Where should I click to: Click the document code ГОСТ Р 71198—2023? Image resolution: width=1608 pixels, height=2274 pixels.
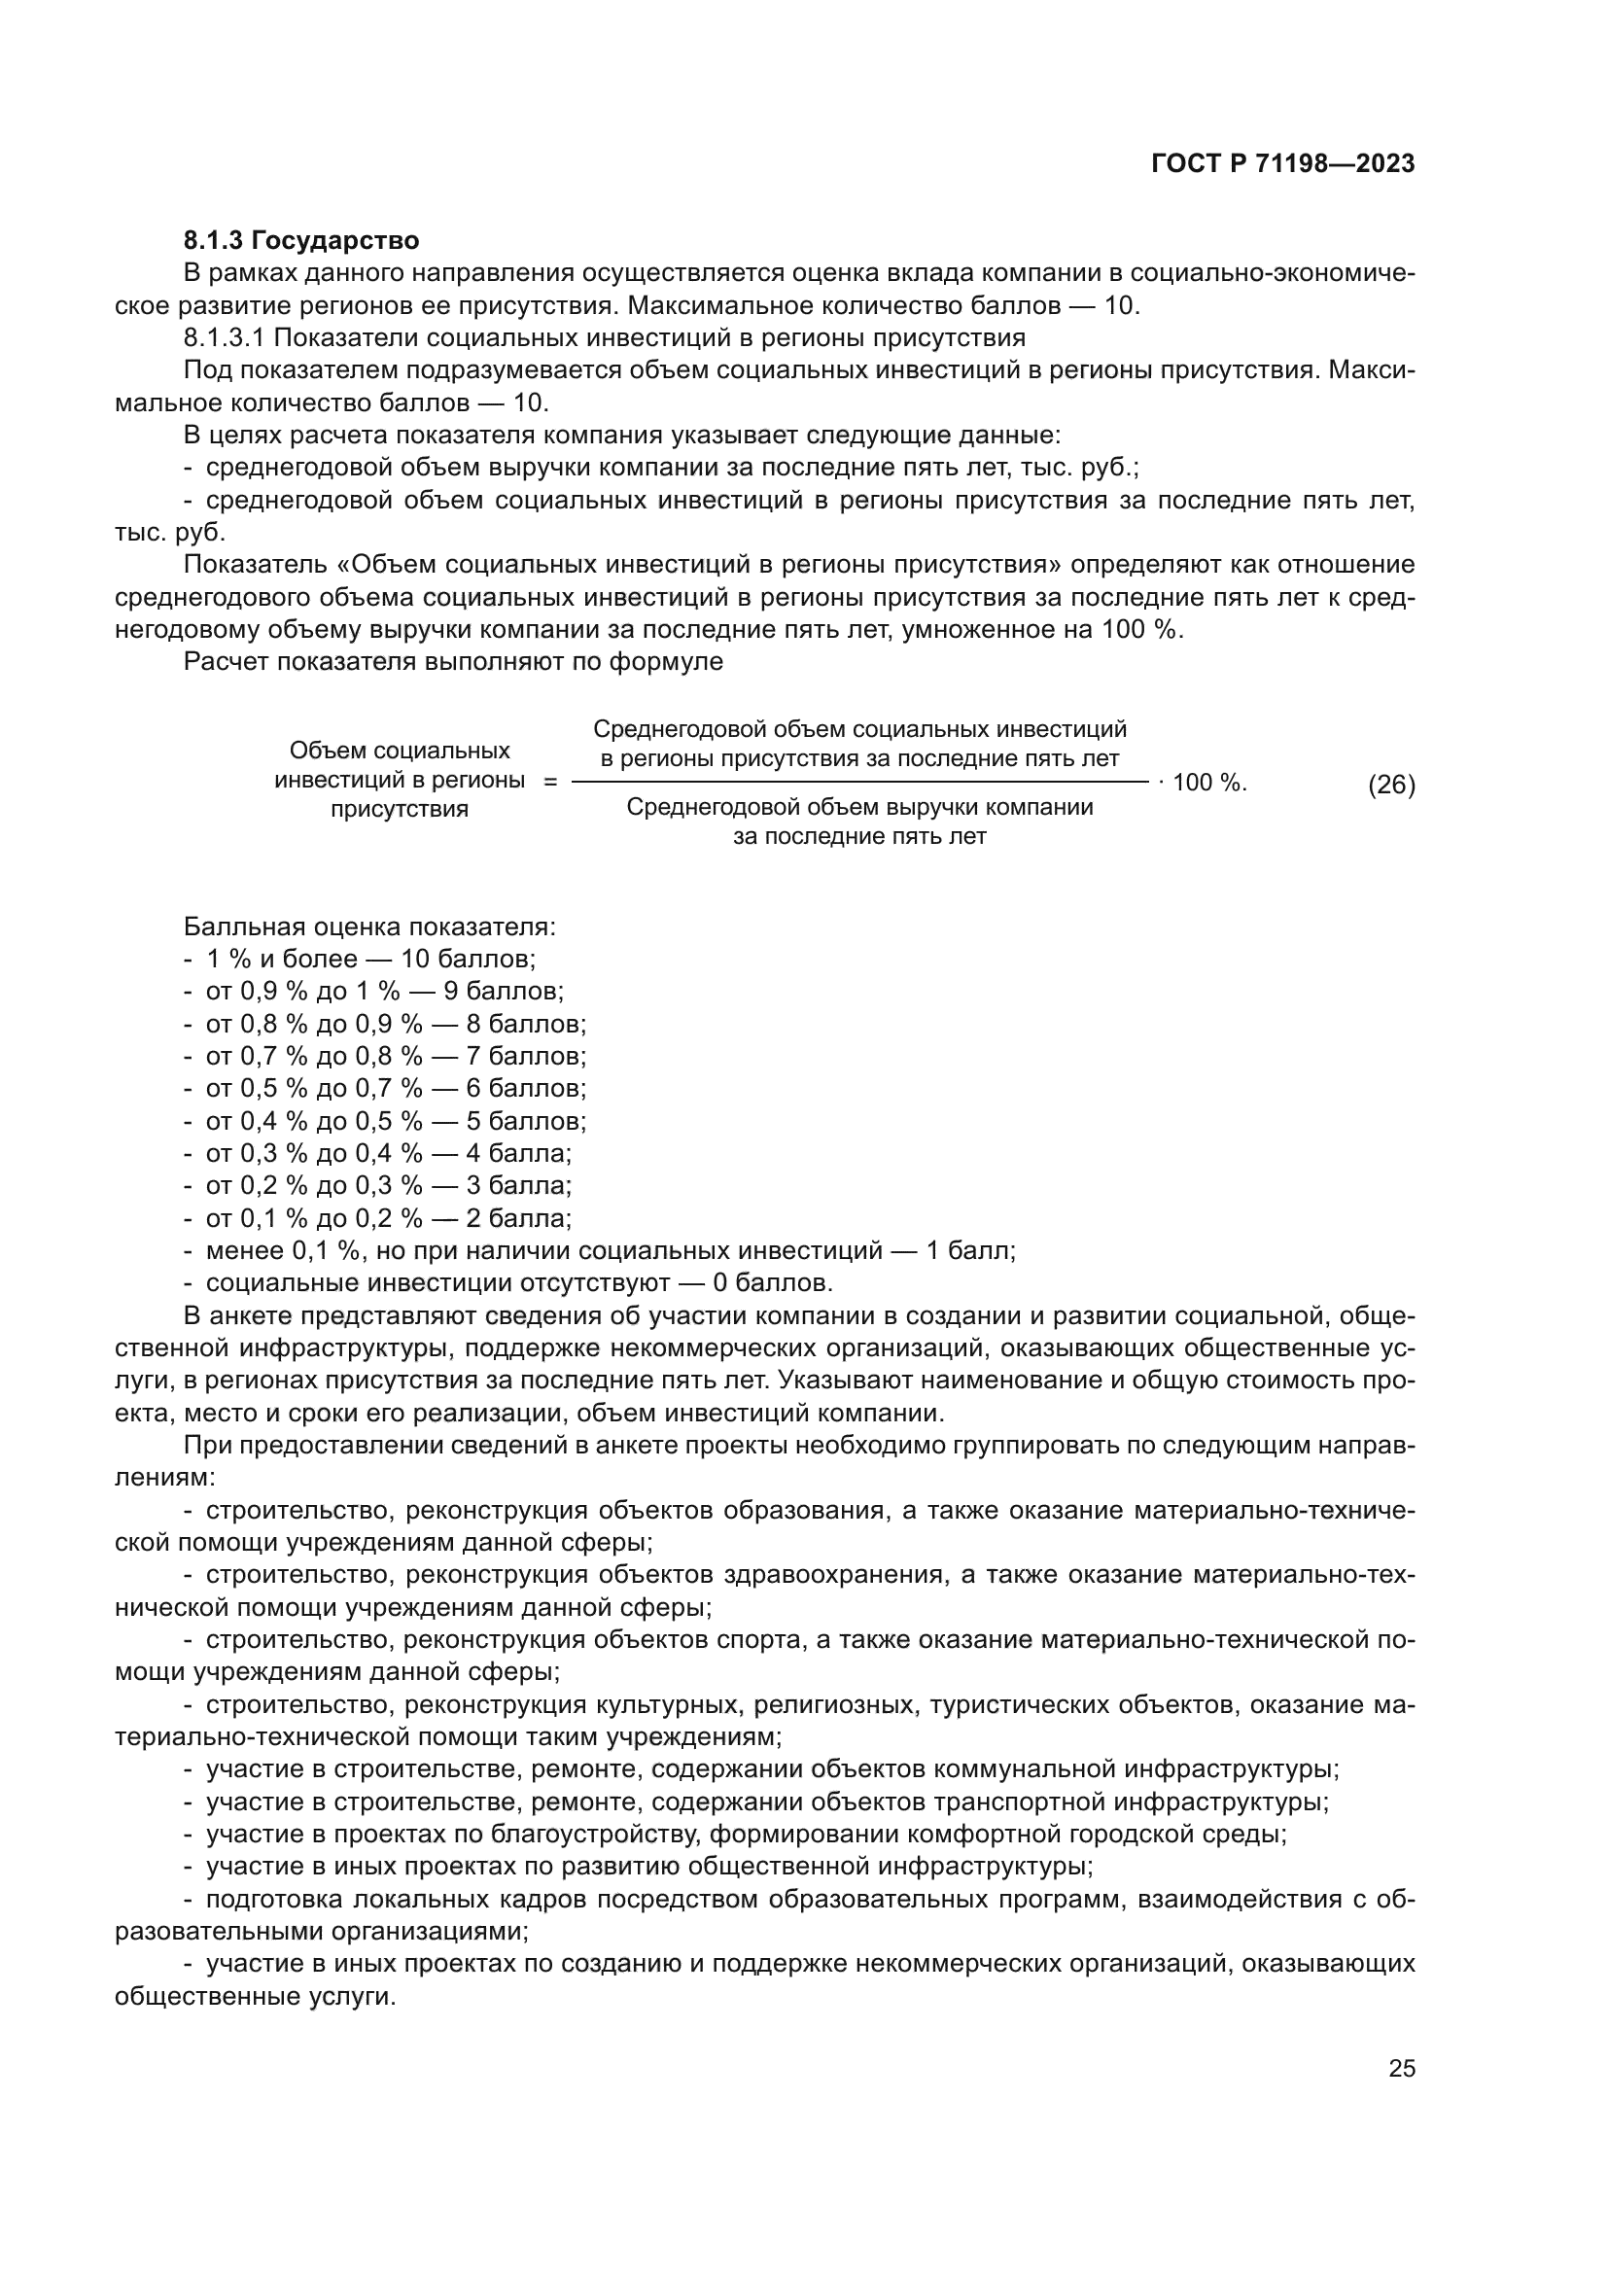pyautogui.click(x=1283, y=164)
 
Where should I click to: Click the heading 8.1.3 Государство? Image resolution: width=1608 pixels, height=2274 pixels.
pyautogui.click(x=301, y=240)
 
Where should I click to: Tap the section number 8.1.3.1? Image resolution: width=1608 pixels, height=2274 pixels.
pyautogui.click(x=224, y=337)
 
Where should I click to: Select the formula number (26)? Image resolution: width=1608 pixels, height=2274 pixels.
pyautogui.click(x=1391, y=785)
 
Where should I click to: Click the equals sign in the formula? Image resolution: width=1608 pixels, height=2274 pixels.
pyautogui.click(x=550, y=782)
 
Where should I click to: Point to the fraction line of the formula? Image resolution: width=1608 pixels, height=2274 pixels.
pyautogui.click(x=859, y=784)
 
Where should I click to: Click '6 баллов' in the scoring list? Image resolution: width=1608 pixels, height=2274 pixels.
pyautogui.click(x=525, y=1089)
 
